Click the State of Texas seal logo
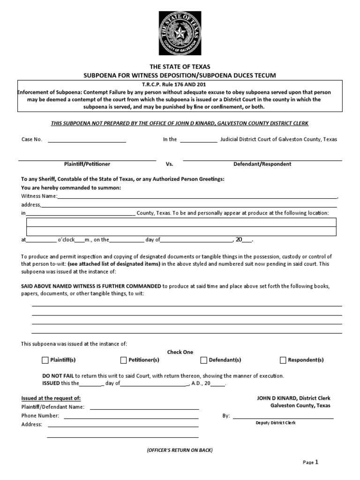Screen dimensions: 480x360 point(180,33)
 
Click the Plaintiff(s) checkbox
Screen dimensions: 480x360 point(45,360)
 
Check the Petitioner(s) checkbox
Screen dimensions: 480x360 point(124,360)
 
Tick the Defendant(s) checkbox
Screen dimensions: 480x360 point(204,360)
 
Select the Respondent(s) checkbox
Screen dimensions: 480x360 point(283,360)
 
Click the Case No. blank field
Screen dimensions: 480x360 point(87,140)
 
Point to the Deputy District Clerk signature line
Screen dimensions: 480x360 point(283,417)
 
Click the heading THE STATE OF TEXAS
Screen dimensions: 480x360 point(180,67)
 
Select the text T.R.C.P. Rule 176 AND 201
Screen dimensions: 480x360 point(180,85)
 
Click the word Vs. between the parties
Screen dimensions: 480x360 point(170,164)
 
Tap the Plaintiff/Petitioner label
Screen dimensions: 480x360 point(87,164)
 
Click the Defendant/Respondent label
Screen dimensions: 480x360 point(262,164)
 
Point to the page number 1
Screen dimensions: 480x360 point(316,462)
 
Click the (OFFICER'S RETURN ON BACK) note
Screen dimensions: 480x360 point(180,450)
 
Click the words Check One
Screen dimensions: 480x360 point(180,352)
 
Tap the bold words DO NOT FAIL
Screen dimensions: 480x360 point(58,376)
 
